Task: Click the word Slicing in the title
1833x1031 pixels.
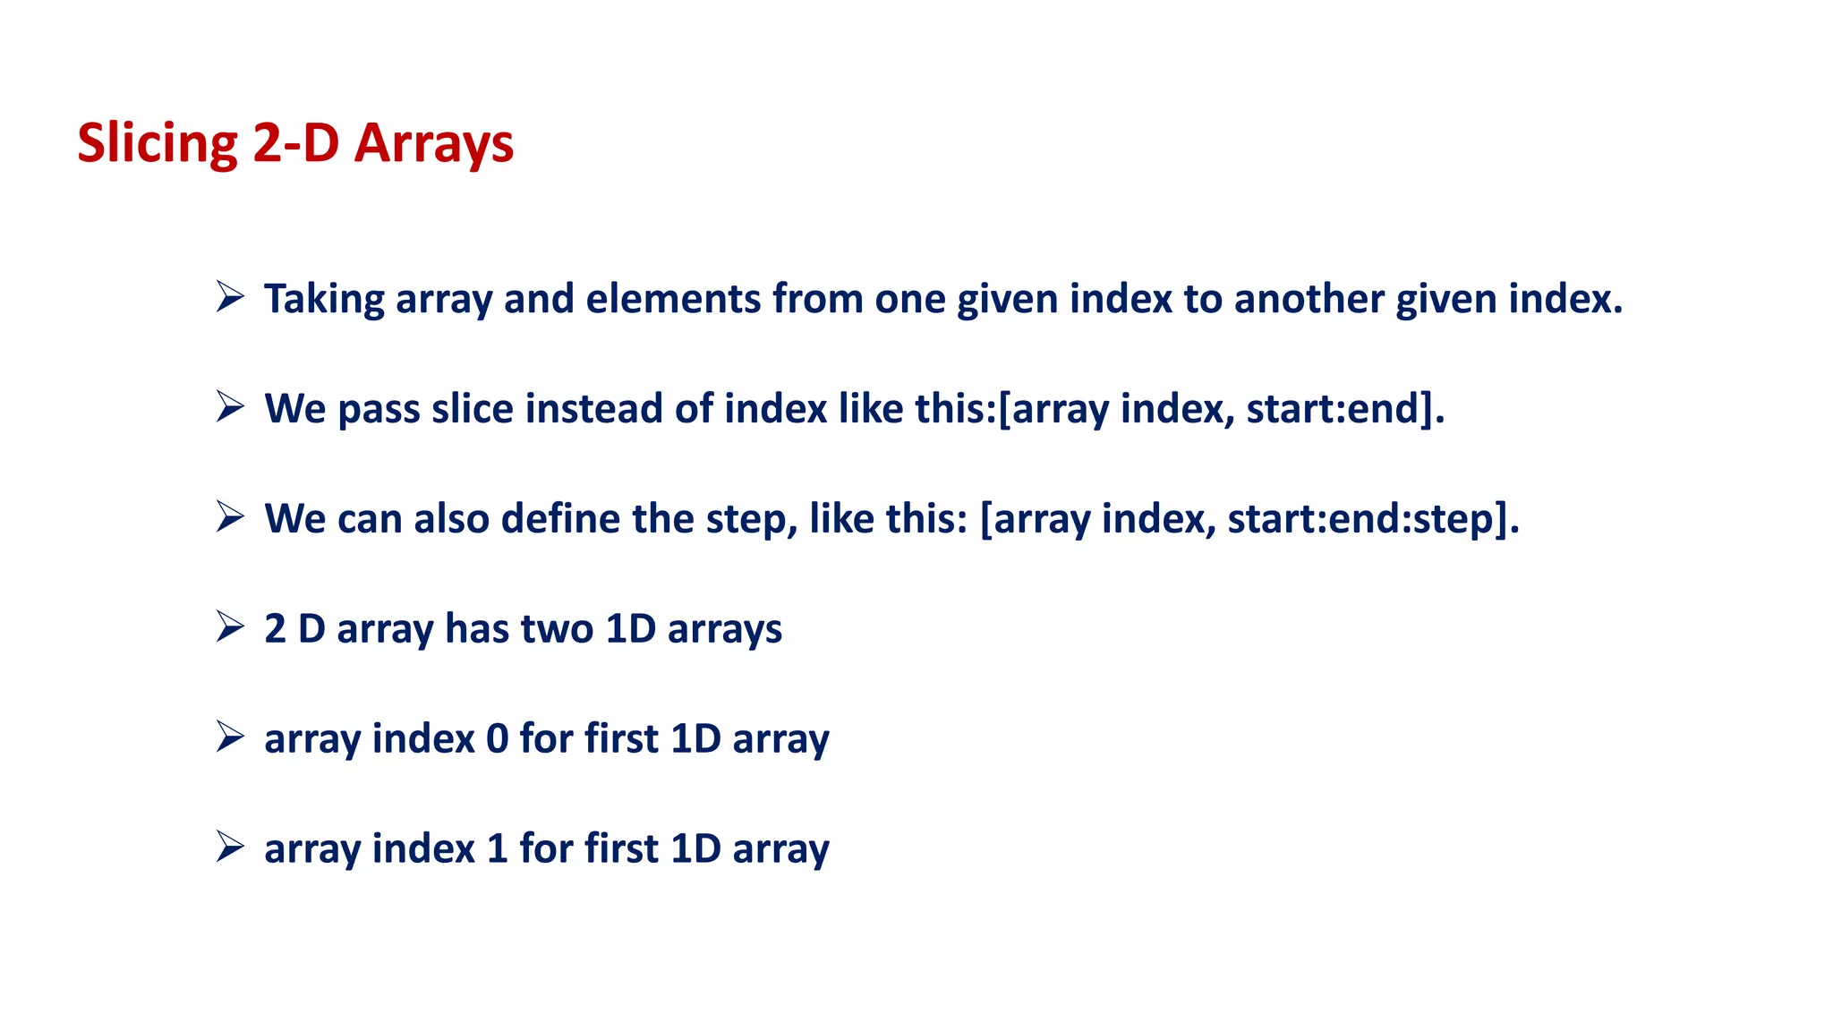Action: [158, 144]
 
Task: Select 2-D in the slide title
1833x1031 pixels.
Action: [295, 144]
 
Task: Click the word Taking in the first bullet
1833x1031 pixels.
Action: [324, 299]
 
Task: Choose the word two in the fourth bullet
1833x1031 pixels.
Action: [557, 628]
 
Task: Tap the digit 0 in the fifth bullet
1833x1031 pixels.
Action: [497, 739]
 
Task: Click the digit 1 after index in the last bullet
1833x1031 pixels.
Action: [497, 849]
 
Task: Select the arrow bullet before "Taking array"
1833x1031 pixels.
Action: [230, 296]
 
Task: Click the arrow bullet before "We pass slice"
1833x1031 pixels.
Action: [230, 406]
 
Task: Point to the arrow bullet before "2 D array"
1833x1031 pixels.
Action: [230, 626]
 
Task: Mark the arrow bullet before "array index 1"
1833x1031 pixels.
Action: [230, 847]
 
